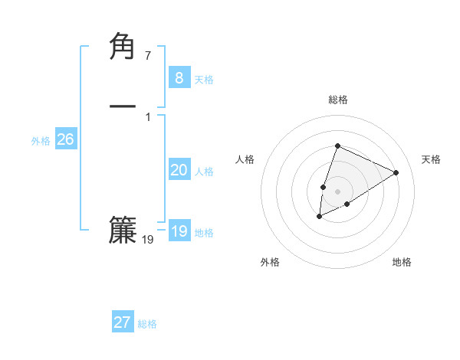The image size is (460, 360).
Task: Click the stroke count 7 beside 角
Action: pos(148,56)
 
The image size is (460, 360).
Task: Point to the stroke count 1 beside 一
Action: pos(148,117)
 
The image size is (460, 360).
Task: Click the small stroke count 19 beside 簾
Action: pos(148,240)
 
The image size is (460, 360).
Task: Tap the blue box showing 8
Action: pos(179,77)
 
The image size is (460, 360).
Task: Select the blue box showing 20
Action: pos(179,170)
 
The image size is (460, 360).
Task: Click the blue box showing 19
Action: pos(179,231)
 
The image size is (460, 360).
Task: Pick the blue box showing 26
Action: pos(65,139)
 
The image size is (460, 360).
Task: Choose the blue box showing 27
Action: pos(122,322)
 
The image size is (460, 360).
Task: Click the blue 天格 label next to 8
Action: pos(204,80)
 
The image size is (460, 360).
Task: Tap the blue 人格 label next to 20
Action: pos(204,172)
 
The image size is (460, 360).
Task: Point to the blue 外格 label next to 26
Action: pos(41,141)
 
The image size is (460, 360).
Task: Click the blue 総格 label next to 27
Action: pos(147,325)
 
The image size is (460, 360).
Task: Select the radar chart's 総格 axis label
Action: pos(338,100)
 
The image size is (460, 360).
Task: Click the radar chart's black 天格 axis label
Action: pos(431,159)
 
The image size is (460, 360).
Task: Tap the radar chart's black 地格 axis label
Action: pos(402,262)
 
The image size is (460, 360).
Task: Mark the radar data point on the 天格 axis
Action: pos(396,172)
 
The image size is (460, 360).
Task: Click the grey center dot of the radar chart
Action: pos(338,191)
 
